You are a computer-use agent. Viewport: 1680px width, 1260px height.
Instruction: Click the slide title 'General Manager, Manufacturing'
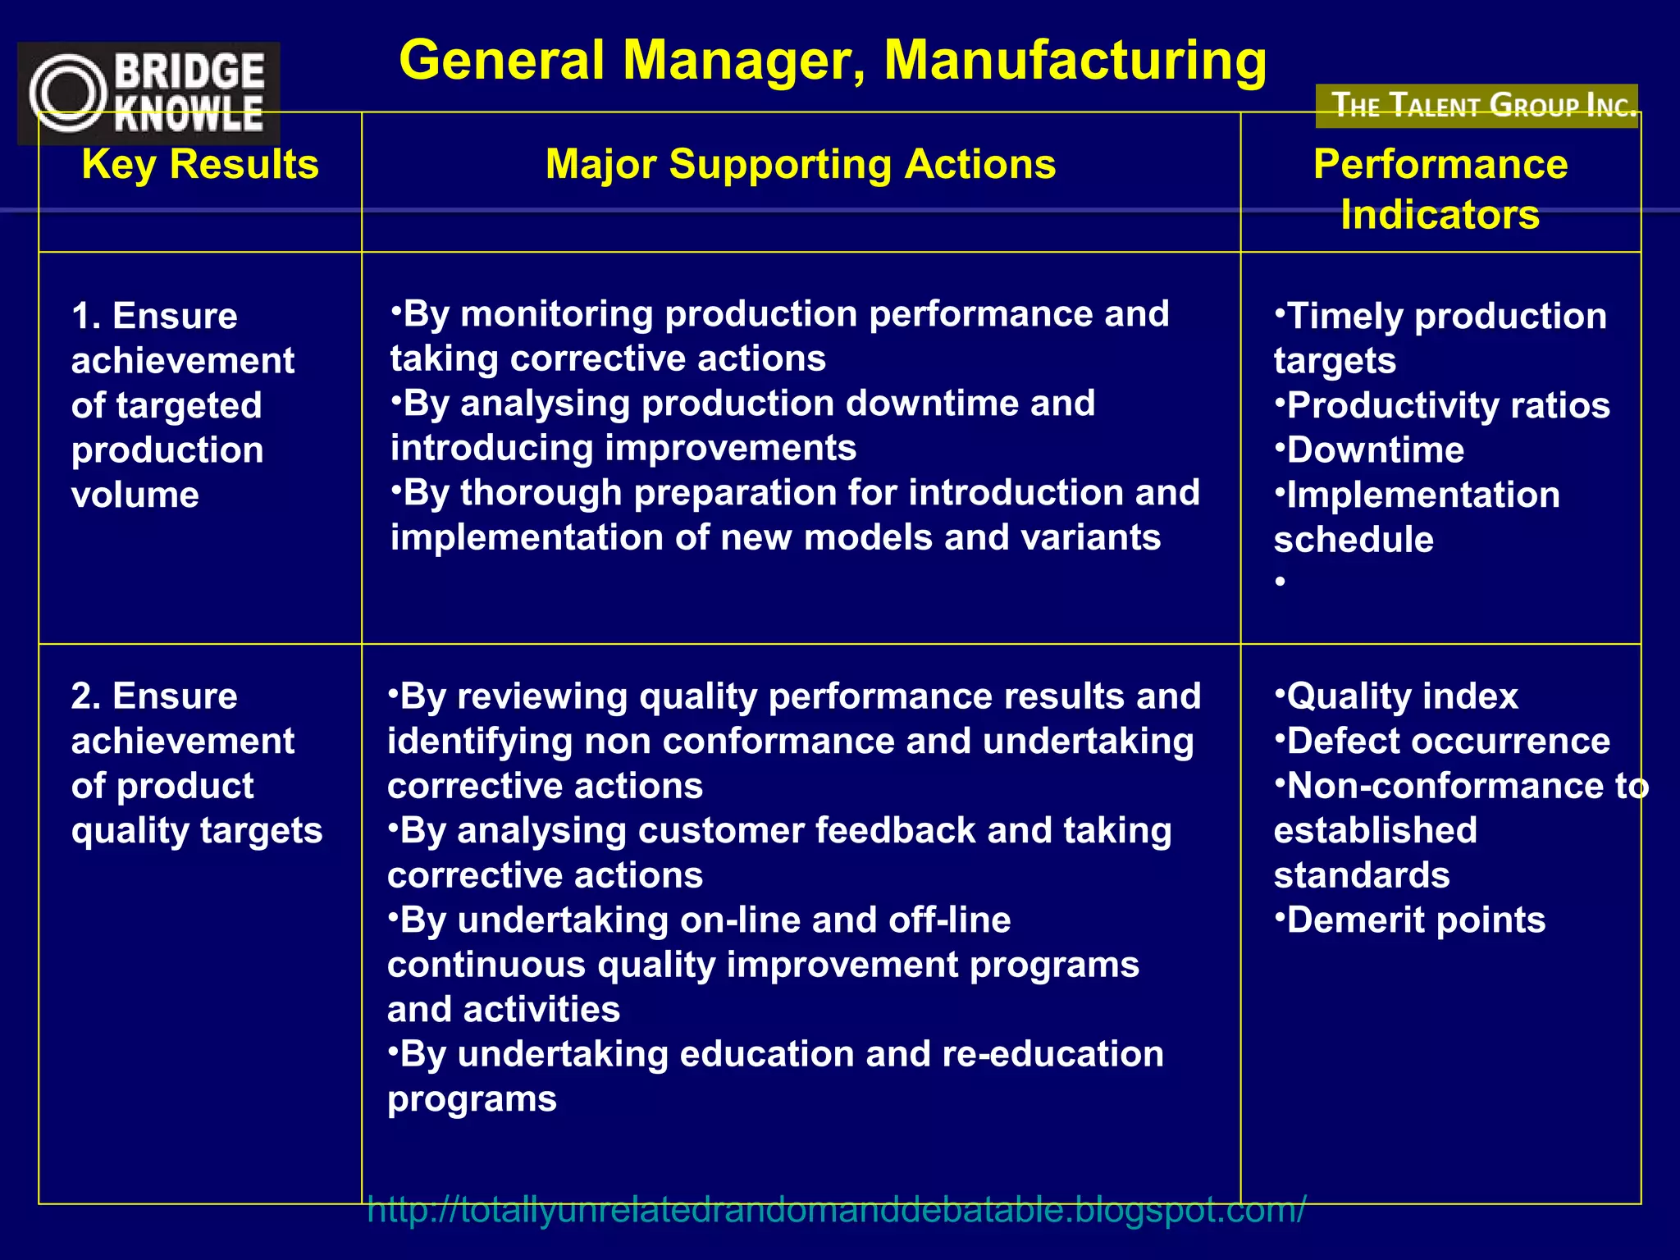pyautogui.click(x=833, y=61)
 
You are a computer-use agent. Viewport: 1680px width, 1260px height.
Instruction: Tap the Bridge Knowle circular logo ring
pyautogui.click(x=67, y=93)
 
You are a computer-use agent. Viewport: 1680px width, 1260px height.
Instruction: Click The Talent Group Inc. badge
pyautogui.click(x=1477, y=106)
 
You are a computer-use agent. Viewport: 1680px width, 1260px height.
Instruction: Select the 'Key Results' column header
pyautogui.click(x=200, y=164)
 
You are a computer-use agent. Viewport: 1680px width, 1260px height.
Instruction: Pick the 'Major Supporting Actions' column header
pyautogui.click(x=801, y=164)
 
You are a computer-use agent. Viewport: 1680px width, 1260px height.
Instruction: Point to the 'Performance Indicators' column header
pyautogui.click(x=1440, y=189)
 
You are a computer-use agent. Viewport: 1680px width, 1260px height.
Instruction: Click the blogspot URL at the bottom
pyautogui.click(x=836, y=1209)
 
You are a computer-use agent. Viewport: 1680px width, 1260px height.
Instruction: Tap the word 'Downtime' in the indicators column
pyautogui.click(x=1376, y=450)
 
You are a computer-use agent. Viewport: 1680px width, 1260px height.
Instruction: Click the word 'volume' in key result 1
pyautogui.click(x=135, y=495)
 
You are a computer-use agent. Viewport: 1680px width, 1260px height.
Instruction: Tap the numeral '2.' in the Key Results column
pyautogui.click(x=85, y=696)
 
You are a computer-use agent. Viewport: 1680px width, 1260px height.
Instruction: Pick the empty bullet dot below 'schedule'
pyautogui.click(x=1280, y=582)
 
